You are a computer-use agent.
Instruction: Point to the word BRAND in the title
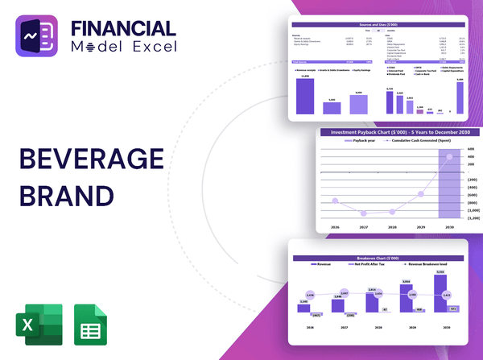click(61, 196)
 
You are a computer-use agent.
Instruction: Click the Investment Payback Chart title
click(394, 132)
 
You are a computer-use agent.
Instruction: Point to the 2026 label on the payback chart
click(334, 228)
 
